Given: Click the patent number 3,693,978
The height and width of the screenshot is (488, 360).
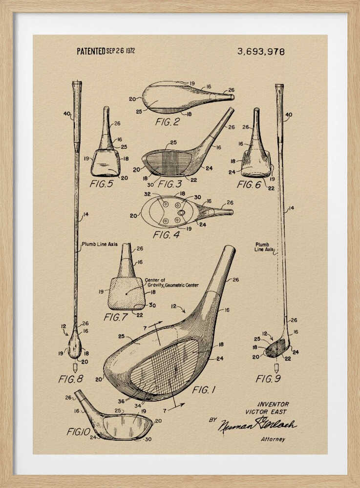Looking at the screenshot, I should tap(261, 51).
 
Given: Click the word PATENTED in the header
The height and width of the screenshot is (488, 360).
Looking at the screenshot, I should tap(91, 51).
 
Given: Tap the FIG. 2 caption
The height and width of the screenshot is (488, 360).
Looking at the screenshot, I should tap(167, 122).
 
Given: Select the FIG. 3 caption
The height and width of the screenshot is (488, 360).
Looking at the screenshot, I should tap(170, 184).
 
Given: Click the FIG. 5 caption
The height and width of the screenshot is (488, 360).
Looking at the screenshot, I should tap(101, 184).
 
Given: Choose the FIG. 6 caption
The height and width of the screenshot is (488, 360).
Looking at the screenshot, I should tap(249, 184).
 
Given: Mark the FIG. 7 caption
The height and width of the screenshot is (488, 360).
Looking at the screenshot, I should tap(115, 317).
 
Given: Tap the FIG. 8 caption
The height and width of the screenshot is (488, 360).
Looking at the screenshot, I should tap(71, 379).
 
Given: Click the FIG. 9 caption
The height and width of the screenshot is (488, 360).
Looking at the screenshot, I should tap(268, 379).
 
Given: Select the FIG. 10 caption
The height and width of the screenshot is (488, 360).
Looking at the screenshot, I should tap(79, 432).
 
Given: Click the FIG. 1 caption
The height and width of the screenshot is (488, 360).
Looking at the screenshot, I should tap(204, 390).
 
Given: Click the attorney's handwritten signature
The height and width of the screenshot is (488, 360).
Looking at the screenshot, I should tap(257, 425).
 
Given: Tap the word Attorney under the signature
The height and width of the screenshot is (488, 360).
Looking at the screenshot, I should tap(273, 439).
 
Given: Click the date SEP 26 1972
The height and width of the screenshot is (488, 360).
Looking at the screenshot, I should tap(121, 51).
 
